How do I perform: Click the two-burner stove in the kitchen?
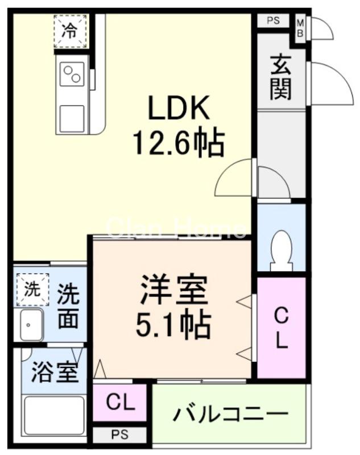72,75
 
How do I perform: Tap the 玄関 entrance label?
281,77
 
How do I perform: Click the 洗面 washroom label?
68,305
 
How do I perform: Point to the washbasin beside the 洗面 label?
31,326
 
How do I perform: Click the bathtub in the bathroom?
54,415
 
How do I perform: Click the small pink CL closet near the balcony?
121,404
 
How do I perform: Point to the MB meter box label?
300,28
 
